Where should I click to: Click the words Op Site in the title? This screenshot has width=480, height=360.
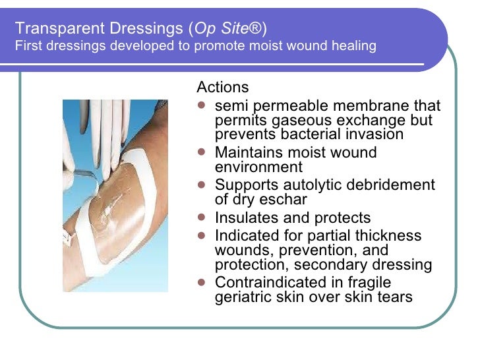coord(233,29)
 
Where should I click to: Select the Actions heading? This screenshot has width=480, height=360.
coord(223,88)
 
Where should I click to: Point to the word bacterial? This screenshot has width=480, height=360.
coord(314,134)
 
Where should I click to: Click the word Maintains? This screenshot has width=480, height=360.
coord(249,153)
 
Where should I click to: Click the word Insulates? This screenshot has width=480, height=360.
coord(246,218)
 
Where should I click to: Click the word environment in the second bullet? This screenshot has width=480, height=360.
coord(259,167)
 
